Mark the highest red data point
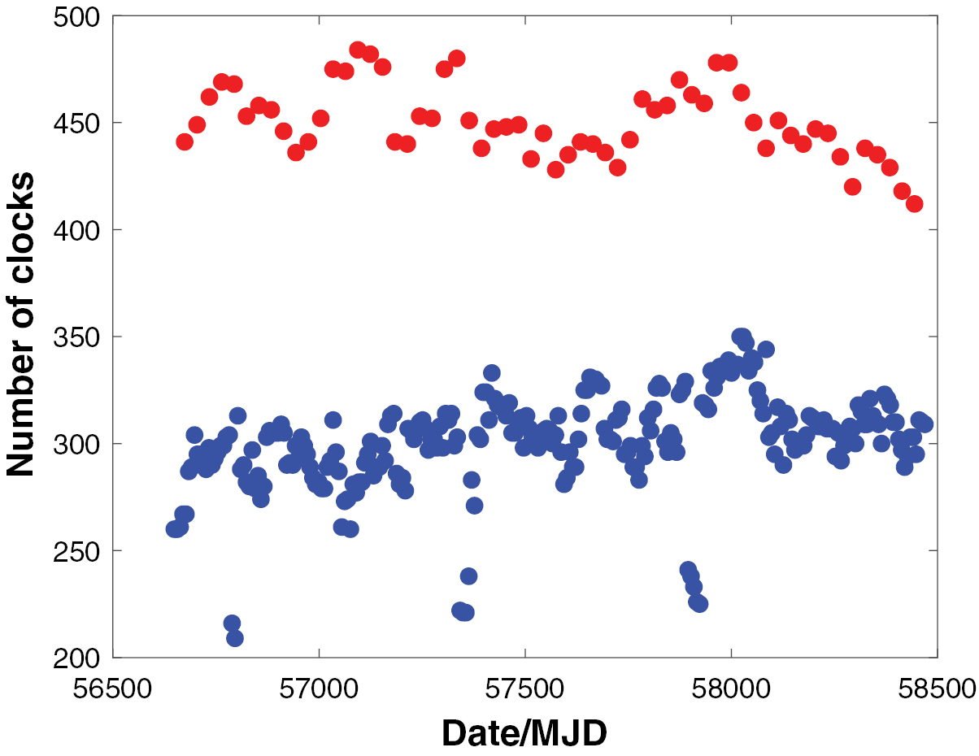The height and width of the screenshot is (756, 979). coord(358,50)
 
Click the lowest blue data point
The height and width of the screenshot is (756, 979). coord(235,638)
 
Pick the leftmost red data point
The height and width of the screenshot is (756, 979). coord(185,142)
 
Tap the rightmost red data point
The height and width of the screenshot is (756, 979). coord(914,204)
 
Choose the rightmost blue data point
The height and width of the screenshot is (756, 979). coord(925,424)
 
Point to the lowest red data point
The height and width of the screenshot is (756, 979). coord(914,204)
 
